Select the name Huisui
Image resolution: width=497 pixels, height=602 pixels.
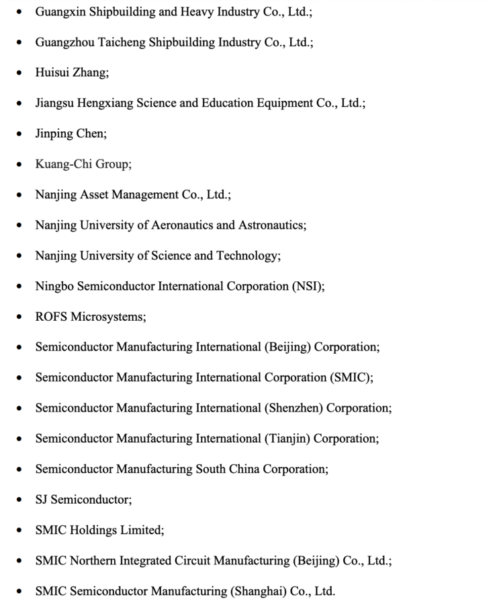(x=53, y=73)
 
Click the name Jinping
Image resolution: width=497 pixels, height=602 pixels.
(x=55, y=133)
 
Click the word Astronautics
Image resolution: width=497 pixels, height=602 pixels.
(x=273, y=225)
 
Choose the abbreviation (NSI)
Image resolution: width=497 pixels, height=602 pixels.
(x=308, y=286)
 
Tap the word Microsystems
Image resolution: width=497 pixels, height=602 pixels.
(x=107, y=316)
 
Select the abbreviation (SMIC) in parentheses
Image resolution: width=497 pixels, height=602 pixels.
(x=351, y=377)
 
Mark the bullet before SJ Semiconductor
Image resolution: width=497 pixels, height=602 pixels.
(x=19, y=500)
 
